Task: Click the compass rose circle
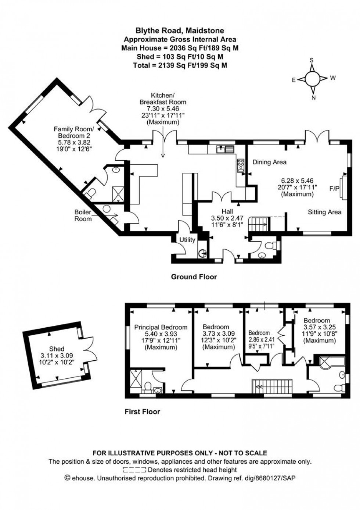coord(312,78)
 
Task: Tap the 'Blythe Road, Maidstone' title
coord(180,31)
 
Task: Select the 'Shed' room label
coord(57,349)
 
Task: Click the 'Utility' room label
coord(187,240)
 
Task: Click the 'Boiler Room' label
coord(83,215)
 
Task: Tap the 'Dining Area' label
coord(269,162)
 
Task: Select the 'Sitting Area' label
coord(324,212)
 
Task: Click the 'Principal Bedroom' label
coord(161,327)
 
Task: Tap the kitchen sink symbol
coord(225,149)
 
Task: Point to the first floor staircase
coord(271,386)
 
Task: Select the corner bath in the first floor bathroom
coord(331,361)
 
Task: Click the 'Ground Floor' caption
coord(194,277)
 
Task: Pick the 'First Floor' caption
coord(142,411)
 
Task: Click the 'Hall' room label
coord(227,211)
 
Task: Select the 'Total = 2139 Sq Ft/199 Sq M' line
coord(180,65)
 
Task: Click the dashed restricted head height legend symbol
coord(134,470)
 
